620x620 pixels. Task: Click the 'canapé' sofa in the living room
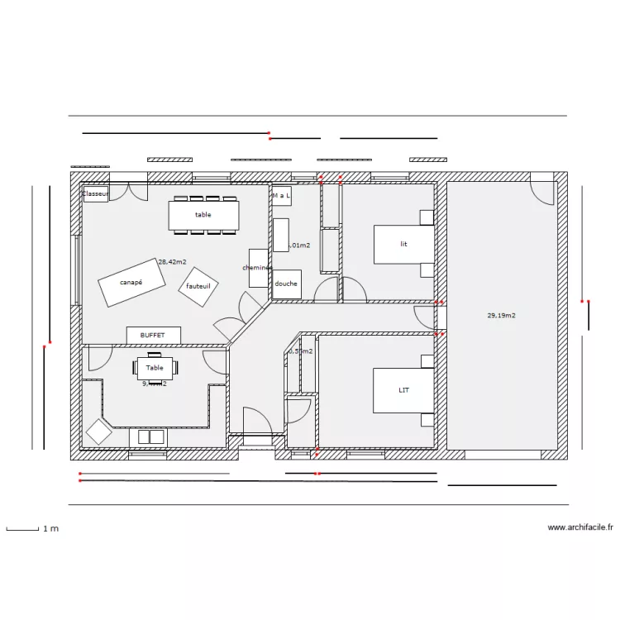[x=131, y=282]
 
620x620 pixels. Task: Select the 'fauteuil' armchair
[x=198, y=286]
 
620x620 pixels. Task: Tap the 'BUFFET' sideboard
[x=153, y=335]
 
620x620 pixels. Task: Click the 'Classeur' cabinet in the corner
[x=95, y=193]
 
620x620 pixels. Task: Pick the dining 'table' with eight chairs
[x=203, y=215]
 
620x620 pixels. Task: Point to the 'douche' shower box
[x=287, y=284]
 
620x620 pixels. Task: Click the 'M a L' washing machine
[x=281, y=196]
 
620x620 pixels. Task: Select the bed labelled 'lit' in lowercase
[x=403, y=245]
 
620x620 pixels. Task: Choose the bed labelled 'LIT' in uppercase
[x=403, y=390]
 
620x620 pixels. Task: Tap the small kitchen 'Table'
[x=155, y=368]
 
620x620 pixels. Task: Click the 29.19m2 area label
[x=502, y=315]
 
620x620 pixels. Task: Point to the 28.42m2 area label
[x=173, y=261]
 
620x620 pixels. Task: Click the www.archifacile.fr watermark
[x=580, y=527]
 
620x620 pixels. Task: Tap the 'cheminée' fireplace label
[x=259, y=268]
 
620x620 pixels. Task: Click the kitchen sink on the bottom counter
[x=149, y=436]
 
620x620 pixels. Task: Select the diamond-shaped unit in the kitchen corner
[x=99, y=432]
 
